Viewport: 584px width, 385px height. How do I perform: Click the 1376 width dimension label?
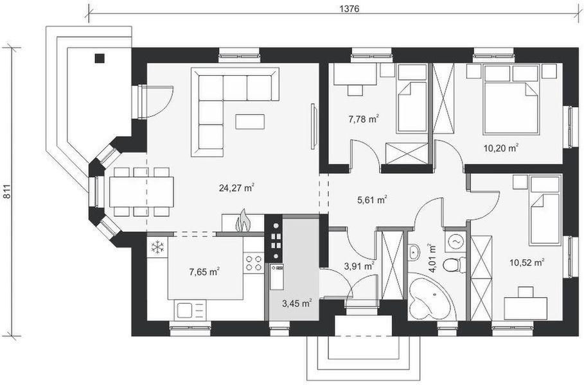pos(350,9)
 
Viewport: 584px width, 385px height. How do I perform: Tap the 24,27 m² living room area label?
pos(236,187)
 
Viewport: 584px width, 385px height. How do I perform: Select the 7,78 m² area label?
pos(364,119)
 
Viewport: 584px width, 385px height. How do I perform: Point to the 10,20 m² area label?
pos(501,148)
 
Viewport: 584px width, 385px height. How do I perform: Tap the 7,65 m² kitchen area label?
pos(204,271)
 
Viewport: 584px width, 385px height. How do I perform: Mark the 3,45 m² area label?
pos(297,303)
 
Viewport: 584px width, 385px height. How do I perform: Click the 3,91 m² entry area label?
pos(359,266)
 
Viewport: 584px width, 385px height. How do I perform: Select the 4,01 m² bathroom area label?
pos(432,259)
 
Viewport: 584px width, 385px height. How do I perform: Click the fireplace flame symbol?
pos(243,221)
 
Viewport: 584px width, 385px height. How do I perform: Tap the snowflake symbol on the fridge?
pos(158,247)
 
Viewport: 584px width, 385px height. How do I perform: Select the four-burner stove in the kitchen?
pos(254,262)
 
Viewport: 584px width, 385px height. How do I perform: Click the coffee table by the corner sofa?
pos(250,122)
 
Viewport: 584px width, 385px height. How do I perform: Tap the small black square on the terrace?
pos(100,58)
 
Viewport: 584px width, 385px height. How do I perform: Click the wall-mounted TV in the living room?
pos(314,126)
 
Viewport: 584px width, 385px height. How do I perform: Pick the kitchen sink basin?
pos(184,310)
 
